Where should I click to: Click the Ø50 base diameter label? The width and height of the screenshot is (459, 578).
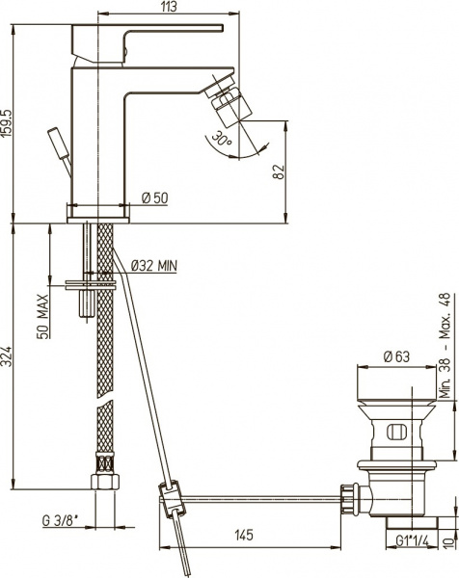click(x=154, y=197)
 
